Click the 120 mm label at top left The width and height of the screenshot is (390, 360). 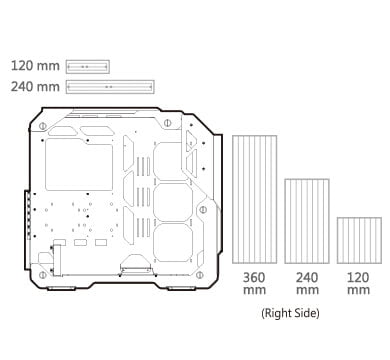coord(35,66)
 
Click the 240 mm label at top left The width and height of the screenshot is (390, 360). coord(35,87)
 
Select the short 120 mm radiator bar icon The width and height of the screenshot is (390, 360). coord(88,67)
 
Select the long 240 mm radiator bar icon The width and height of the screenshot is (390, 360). coord(110,87)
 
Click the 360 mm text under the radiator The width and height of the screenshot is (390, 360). coord(254,283)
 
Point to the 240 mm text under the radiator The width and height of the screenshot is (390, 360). coord(307,283)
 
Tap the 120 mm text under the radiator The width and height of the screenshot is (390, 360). coord(359,283)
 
